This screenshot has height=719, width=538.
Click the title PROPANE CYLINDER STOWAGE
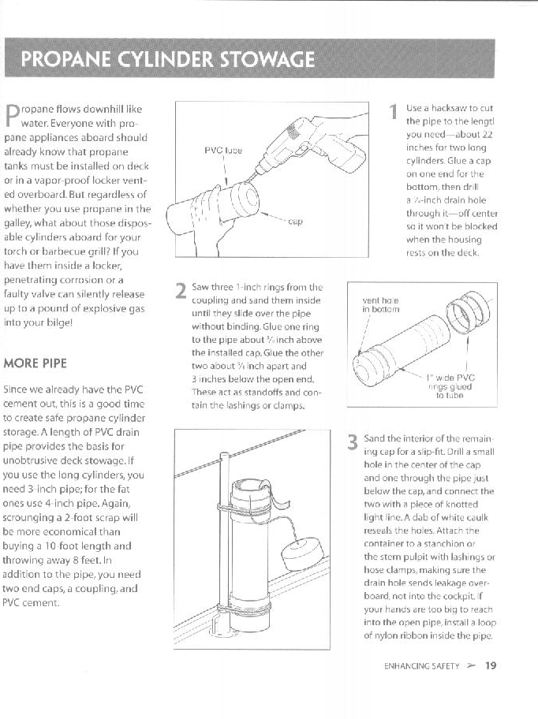(168, 60)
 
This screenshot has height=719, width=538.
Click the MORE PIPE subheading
(35, 363)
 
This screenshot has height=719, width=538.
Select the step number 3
(353, 441)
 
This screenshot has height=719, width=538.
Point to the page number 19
(491, 665)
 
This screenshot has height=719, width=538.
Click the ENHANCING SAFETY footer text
(421, 666)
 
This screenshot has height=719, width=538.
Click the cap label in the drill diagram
(296, 222)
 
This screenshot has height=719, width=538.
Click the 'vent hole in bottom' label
(380, 304)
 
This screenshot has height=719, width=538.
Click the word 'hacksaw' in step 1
(447, 107)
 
